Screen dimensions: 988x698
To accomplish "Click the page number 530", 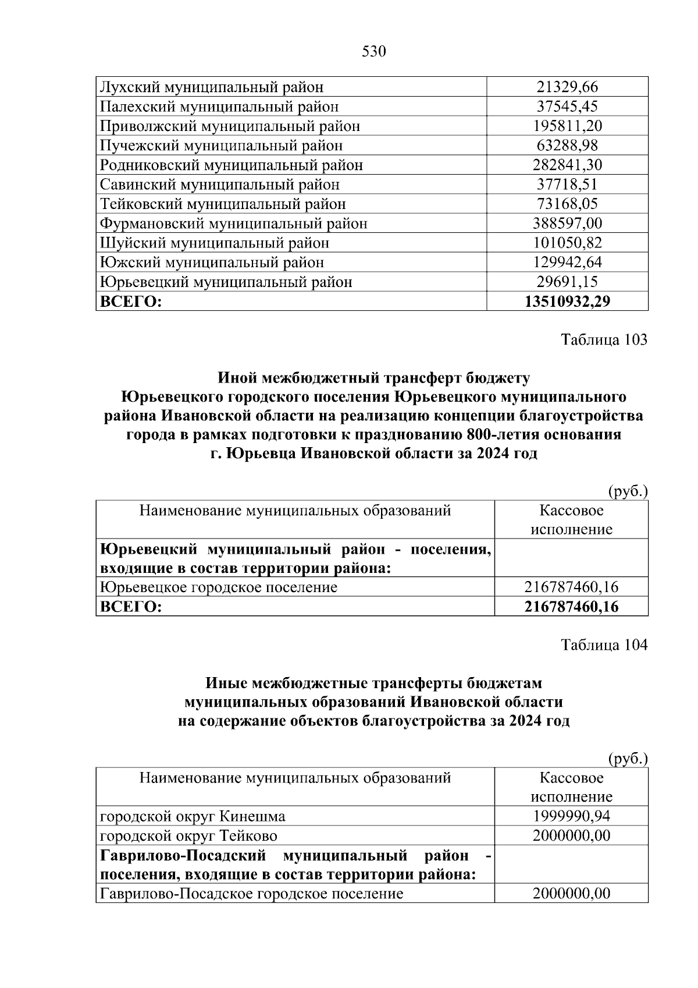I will point(374,52).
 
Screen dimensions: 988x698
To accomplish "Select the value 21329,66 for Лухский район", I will point(567,87).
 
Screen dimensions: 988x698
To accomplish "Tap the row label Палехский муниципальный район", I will point(219,107).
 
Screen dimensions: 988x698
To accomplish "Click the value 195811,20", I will point(567,126).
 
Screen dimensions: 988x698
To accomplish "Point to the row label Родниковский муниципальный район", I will point(232,165).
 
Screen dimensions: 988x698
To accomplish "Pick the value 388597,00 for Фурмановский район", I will point(567,224).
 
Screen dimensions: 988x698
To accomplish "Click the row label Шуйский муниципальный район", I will point(215,243).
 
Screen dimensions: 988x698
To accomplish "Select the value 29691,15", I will point(567,282).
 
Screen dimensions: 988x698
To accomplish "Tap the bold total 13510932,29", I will point(567,302).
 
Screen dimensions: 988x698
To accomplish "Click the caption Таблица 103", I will point(604,340).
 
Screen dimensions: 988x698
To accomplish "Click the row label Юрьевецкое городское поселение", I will point(219,587).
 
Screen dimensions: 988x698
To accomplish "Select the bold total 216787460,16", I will point(571,607).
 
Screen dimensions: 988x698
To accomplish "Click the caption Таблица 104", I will point(604,645).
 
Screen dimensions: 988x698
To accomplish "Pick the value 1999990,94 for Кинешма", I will point(571,816).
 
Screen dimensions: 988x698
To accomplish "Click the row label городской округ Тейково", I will point(188,836).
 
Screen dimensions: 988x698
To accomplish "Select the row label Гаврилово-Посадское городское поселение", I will point(252,894).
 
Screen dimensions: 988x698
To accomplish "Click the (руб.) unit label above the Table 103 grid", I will point(627,491).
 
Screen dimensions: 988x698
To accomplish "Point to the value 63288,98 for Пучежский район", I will point(567,146).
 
